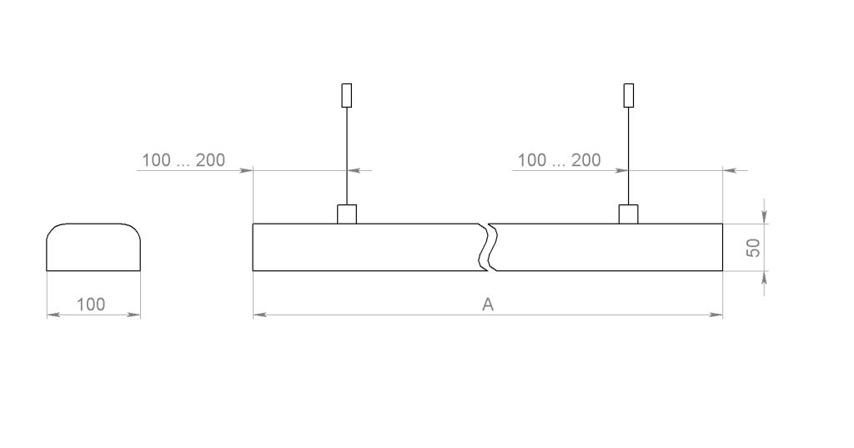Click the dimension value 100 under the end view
(91, 305)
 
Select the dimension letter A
(488, 305)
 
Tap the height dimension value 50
(753, 248)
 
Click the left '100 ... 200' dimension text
(183, 160)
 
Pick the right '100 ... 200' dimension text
(559, 160)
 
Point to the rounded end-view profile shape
(93, 247)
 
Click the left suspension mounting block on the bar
(346, 214)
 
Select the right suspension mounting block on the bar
(628, 214)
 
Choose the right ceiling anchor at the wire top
(629, 95)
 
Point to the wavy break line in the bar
(490, 247)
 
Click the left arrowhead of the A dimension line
(259, 315)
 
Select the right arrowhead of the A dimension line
(717, 315)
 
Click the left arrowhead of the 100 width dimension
(52, 315)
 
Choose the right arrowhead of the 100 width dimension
(135, 315)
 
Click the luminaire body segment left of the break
(367, 247)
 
